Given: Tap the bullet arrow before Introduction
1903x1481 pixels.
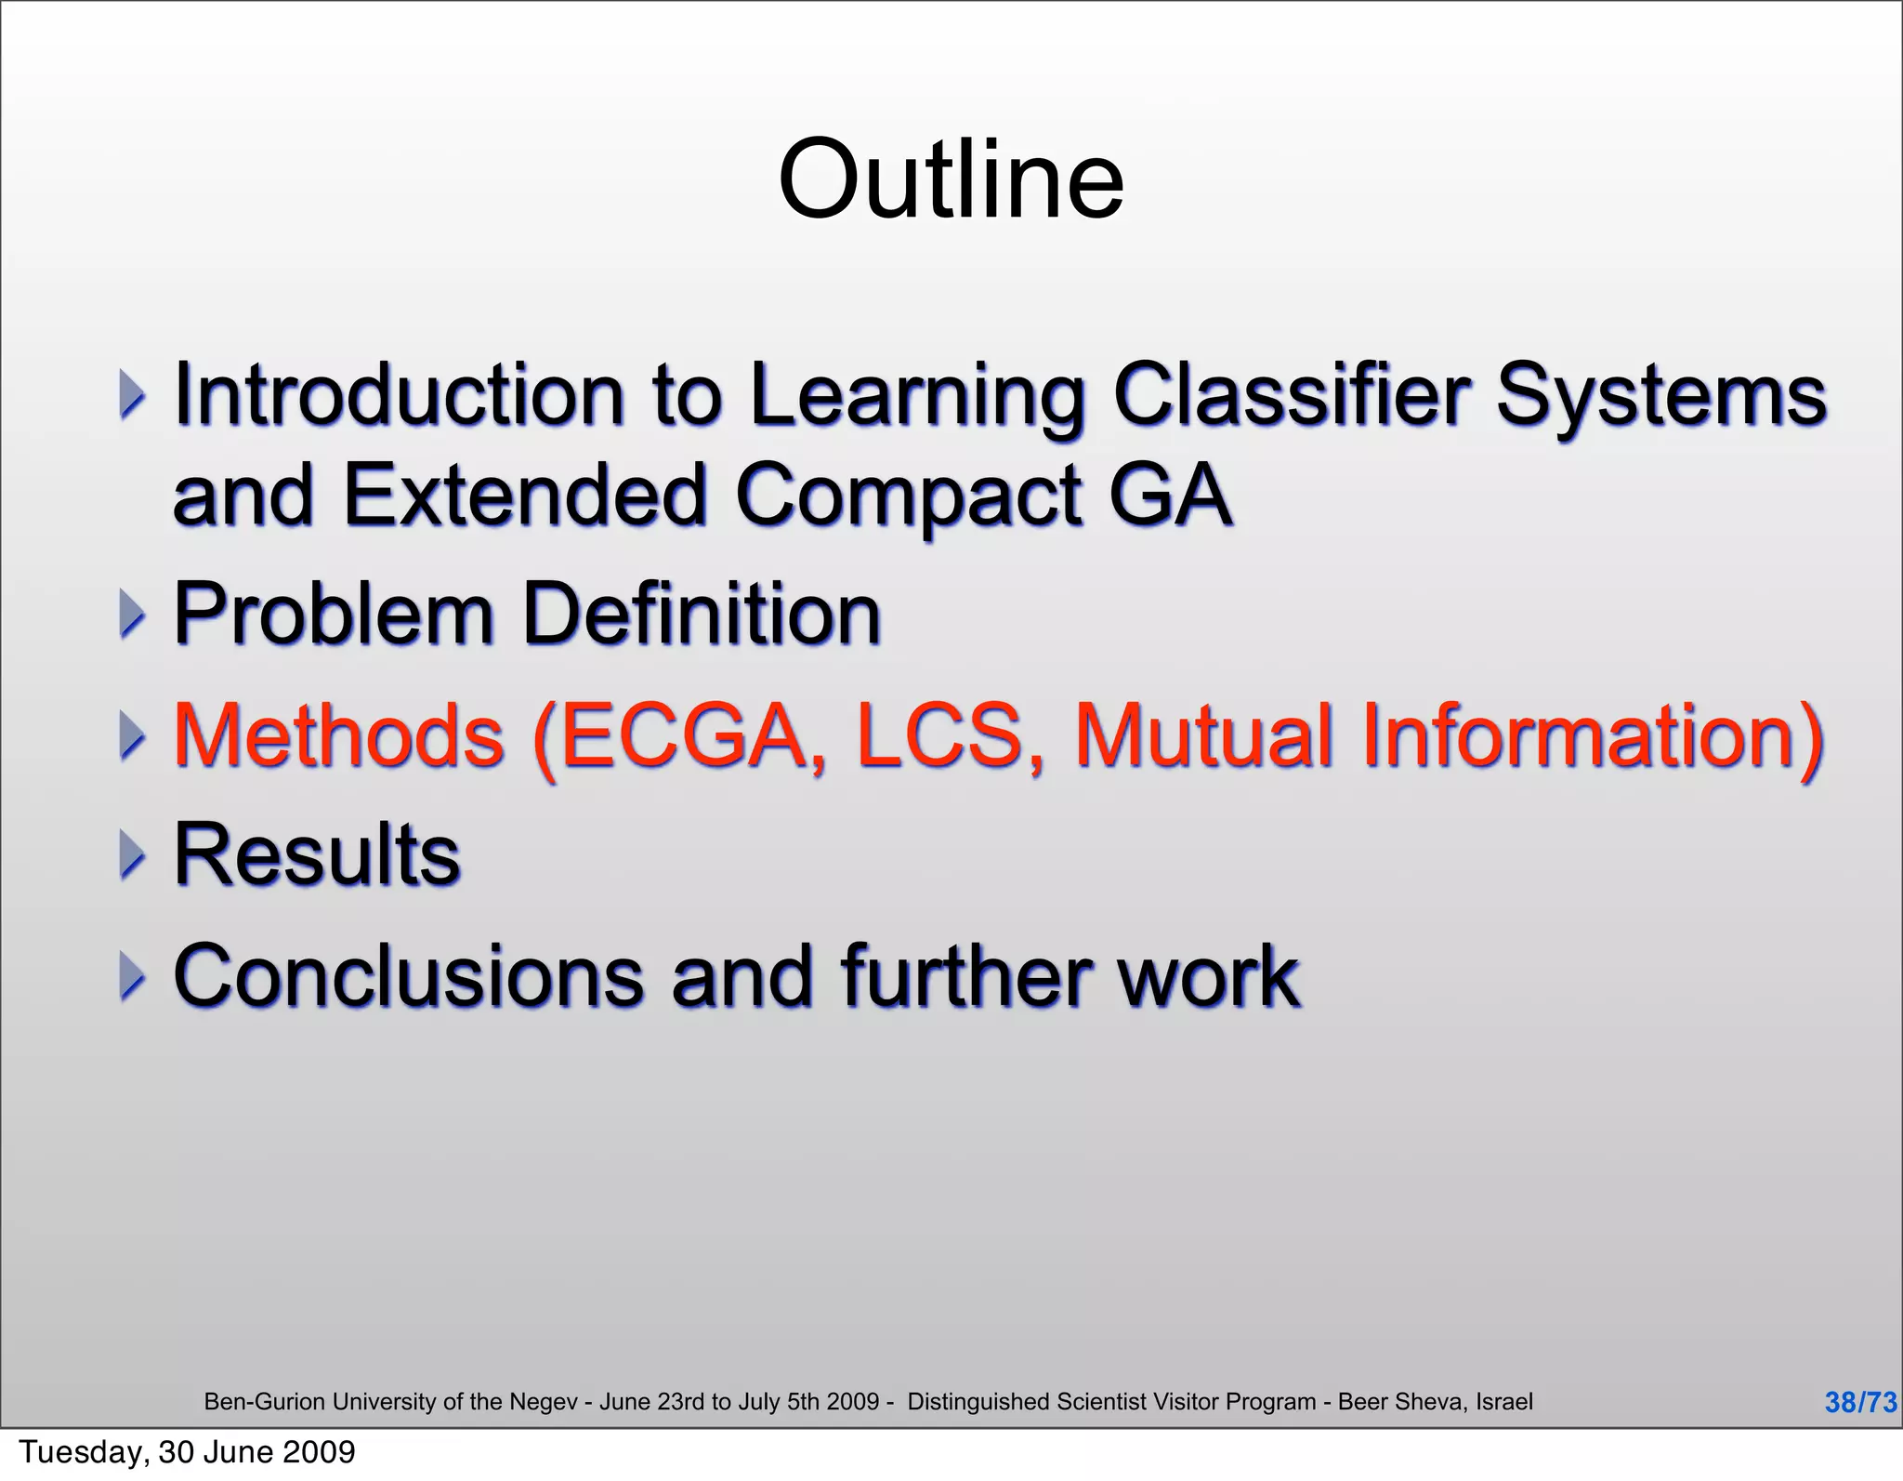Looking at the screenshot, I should point(133,395).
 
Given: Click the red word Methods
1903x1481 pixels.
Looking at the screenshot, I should point(339,735).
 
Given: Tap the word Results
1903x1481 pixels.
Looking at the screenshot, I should point(317,855).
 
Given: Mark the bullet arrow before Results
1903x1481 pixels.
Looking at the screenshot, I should point(133,855).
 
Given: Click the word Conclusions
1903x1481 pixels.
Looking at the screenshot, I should point(408,976).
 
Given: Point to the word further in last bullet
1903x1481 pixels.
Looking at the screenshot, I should point(965,976).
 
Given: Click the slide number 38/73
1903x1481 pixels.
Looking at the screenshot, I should point(1860,1402).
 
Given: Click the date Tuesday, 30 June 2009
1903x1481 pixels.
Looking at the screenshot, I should point(187,1452).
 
